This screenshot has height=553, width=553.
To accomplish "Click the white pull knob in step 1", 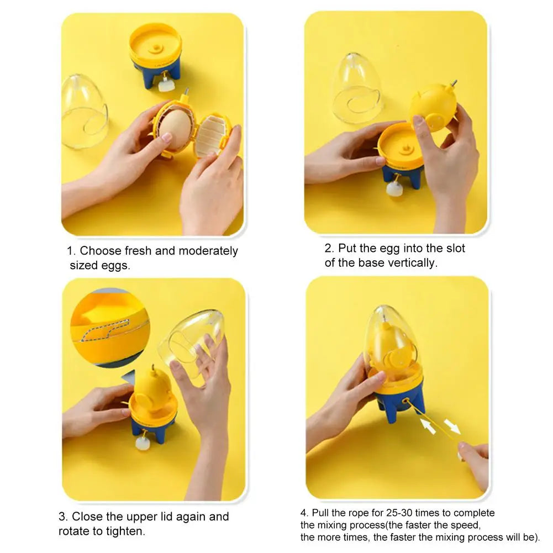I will tap(164, 85).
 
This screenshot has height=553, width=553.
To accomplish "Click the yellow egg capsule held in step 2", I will tap(434, 106).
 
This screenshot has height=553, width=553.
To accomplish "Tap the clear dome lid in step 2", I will tap(356, 88).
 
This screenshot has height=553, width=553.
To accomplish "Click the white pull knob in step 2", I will tap(394, 189).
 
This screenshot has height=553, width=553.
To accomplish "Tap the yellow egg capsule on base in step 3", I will tap(152, 389).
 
